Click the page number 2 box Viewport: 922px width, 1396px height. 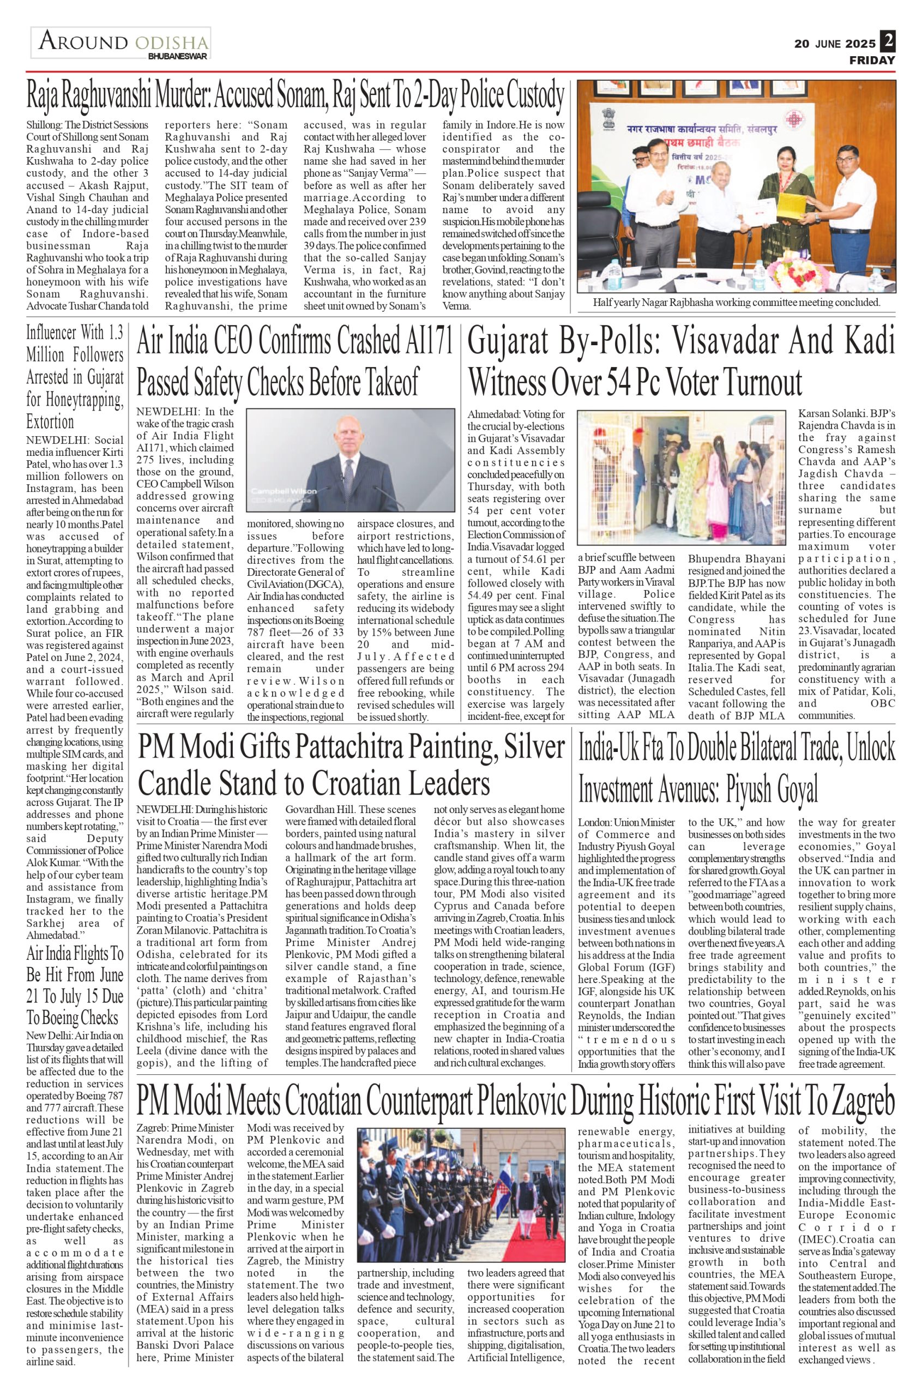[888, 42]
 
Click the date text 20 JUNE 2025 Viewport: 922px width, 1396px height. [835, 44]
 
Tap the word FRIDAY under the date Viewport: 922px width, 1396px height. [871, 60]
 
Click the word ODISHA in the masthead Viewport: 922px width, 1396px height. [172, 43]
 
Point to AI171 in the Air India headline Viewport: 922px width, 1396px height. [424, 342]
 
